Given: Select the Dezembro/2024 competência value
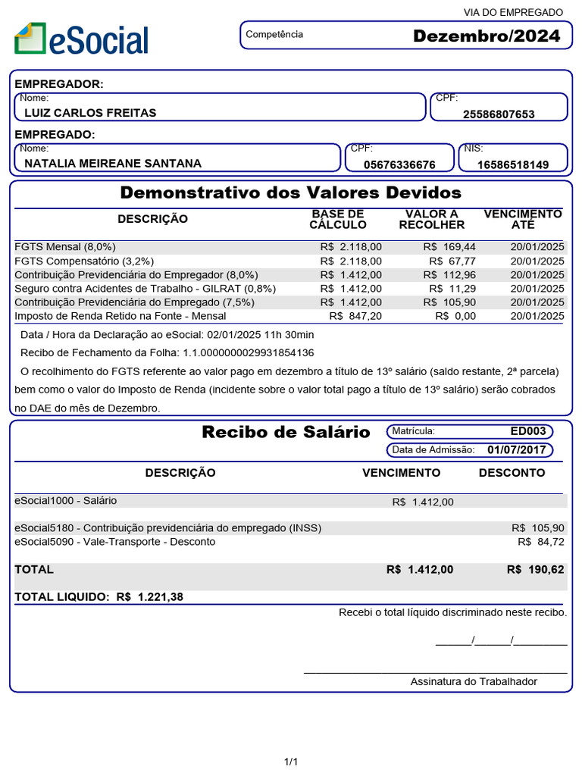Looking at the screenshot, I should tap(487, 36).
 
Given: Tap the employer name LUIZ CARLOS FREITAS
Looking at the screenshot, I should tap(90, 113).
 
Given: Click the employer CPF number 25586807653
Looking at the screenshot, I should tap(499, 114).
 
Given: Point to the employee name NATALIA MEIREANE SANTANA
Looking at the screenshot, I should tap(113, 163).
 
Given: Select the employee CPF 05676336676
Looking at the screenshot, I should tap(399, 164).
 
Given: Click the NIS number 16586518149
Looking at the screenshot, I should tap(513, 164).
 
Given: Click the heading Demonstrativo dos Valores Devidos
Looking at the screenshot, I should tap(291, 192).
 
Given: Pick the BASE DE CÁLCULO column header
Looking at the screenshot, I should tap(338, 219).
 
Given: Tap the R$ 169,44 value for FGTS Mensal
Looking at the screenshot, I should tap(449, 247).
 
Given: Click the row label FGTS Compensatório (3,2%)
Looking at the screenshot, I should tap(79, 261).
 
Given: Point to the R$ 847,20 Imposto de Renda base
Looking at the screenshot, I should tap(355, 316).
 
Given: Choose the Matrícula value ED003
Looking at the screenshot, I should tap(527, 431).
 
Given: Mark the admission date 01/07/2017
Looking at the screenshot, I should tap(516, 449).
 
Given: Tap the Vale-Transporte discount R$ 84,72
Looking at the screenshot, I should tap(541, 542).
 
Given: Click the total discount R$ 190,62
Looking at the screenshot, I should tap(536, 570).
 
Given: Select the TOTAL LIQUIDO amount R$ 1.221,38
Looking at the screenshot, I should tap(150, 597).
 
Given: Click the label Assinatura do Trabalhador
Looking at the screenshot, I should tap(474, 681).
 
